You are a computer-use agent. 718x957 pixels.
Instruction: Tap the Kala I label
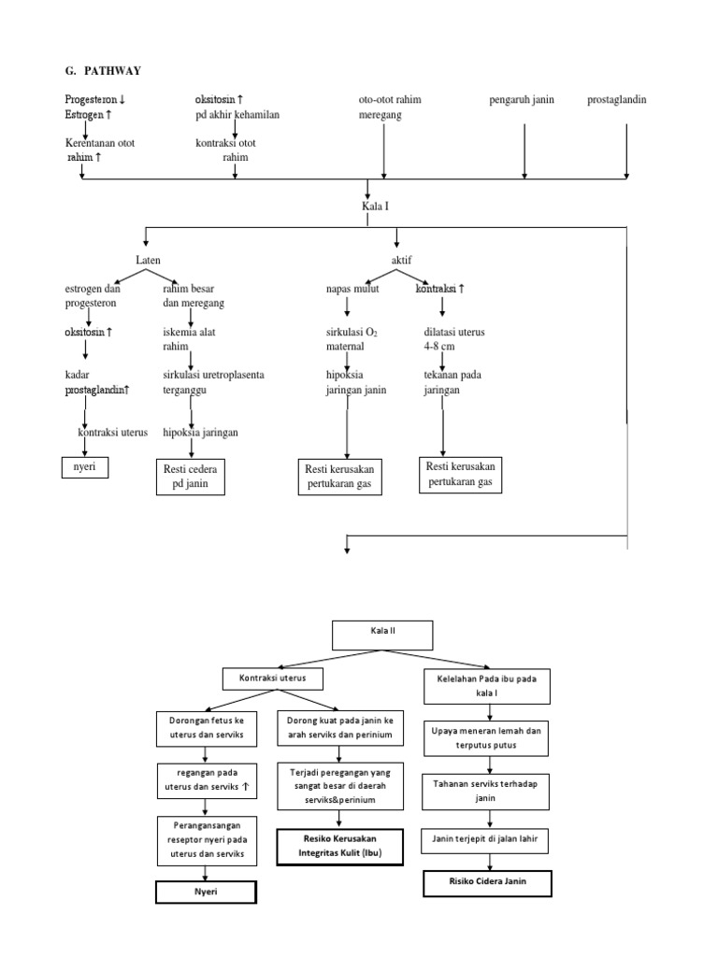[x=374, y=206]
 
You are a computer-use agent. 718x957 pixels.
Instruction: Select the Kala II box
[x=383, y=635]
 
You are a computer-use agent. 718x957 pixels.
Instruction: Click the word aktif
[x=401, y=257]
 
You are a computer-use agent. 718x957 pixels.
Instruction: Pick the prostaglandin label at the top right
[x=616, y=100]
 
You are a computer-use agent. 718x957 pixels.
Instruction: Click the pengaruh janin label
[x=522, y=100]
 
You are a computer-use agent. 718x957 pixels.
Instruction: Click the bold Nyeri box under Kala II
[x=207, y=893]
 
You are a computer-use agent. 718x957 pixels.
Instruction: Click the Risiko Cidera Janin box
[x=487, y=883]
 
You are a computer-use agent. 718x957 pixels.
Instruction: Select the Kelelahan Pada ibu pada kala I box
[x=487, y=685]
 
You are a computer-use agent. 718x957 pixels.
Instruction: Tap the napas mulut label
[x=348, y=290]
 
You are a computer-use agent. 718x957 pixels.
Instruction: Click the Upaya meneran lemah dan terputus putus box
[x=487, y=737]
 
